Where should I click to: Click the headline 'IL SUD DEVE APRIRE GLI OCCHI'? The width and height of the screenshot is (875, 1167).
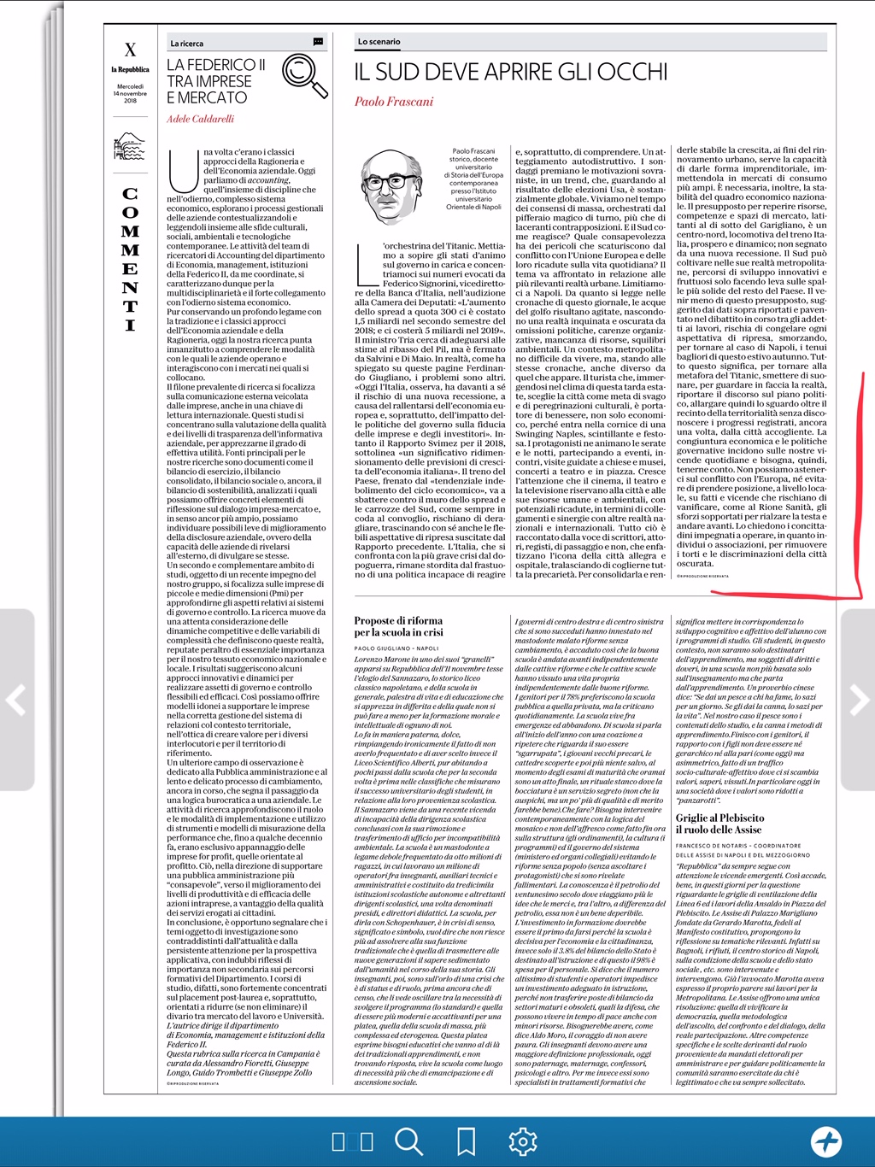click(x=511, y=72)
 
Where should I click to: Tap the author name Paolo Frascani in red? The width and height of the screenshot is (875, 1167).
click(x=394, y=102)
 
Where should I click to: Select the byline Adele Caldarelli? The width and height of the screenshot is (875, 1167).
click(x=200, y=119)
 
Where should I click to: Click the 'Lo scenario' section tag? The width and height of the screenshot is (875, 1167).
click(x=379, y=41)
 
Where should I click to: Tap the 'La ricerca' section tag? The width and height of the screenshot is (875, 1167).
click(x=187, y=43)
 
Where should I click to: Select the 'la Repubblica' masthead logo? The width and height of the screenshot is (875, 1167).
click(x=130, y=69)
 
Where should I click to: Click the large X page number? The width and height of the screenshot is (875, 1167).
click(x=130, y=50)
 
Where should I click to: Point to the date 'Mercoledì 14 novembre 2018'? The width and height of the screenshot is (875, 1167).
click(x=130, y=93)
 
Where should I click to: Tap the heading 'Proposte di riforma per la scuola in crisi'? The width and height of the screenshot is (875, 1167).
click(x=399, y=626)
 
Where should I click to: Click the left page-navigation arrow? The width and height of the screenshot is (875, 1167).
click(x=16, y=700)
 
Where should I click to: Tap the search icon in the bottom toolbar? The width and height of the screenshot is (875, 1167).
click(x=409, y=1141)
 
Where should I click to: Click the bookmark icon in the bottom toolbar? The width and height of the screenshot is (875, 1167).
click(x=467, y=1141)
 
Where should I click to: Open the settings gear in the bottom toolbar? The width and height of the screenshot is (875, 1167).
click(x=523, y=1141)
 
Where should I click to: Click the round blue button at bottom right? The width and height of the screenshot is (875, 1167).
click(x=826, y=1141)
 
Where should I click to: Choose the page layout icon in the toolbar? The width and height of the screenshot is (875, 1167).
click(x=352, y=1141)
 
